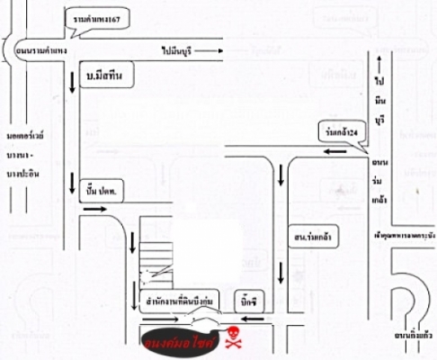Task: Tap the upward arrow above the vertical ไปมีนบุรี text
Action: [x=380, y=63]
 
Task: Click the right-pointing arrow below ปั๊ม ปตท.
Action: [x=92, y=209]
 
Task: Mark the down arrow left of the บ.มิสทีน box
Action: [x=72, y=85]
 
